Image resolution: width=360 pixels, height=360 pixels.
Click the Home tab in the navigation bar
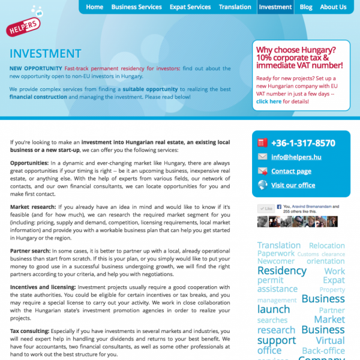click(x=94, y=7)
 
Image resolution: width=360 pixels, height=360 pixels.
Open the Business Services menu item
click(x=136, y=7)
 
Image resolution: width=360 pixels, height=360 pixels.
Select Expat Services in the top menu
click(x=190, y=7)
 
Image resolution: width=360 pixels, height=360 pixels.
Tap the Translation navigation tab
click(x=235, y=7)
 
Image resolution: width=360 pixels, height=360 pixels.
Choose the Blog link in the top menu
click(x=306, y=7)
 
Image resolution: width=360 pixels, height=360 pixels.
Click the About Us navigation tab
click(x=333, y=7)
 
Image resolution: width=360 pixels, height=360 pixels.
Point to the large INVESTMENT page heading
click(x=45, y=54)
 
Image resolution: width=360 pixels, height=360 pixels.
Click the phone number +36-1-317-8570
click(x=303, y=143)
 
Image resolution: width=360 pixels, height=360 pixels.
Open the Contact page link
click(x=291, y=171)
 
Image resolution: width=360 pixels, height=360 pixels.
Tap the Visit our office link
click(x=293, y=185)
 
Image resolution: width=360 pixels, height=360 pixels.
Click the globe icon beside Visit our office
click(x=262, y=185)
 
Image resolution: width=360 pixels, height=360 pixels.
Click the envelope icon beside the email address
click(x=262, y=157)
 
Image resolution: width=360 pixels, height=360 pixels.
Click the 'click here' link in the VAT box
click(x=268, y=101)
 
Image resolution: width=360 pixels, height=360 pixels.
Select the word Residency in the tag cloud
click(x=281, y=271)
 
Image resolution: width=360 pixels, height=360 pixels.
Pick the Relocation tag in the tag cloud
click(x=327, y=246)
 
